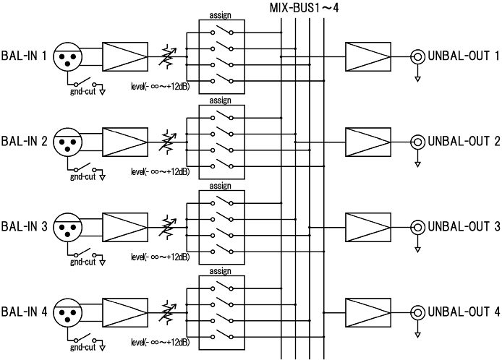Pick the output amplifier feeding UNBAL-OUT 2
tap(367, 141)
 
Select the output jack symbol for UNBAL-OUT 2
tap(417, 141)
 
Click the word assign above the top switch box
tap(215, 15)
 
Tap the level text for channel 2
tap(160, 172)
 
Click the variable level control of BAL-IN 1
tap(168, 54)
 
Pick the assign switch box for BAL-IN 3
tap(215, 226)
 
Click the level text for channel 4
tap(160, 343)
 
